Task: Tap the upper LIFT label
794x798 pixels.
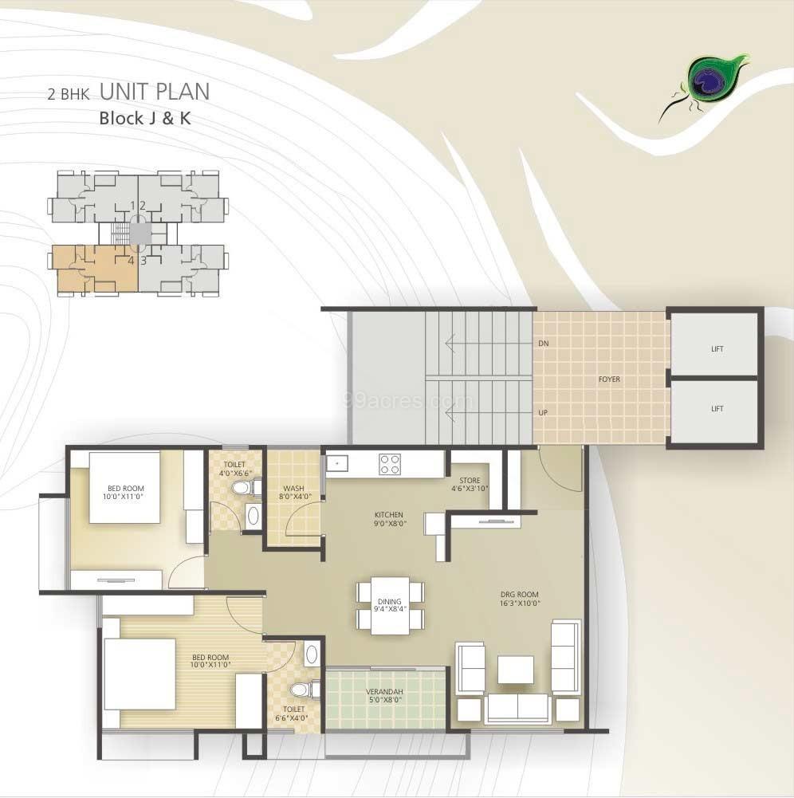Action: click(x=717, y=349)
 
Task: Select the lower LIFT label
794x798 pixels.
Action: click(x=717, y=409)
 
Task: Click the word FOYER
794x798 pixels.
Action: click(x=609, y=379)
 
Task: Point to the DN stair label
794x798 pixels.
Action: click(x=544, y=344)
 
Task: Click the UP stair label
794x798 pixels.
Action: click(x=543, y=413)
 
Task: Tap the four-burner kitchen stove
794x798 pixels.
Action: click(x=389, y=465)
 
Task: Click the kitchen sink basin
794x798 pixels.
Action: click(x=337, y=464)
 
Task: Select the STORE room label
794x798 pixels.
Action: click(x=470, y=481)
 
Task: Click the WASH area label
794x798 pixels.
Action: click(x=293, y=489)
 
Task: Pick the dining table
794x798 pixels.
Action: click(x=390, y=606)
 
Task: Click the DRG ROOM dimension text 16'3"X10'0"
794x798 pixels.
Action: click(x=519, y=603)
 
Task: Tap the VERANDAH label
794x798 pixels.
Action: click(x=385, y=692)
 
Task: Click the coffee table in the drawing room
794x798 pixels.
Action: click(x=516, y=670)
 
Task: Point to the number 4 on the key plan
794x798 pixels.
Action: click(x=132, y=261)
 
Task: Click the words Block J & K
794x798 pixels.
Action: click(x=145, y=118)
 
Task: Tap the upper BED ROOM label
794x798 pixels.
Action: click(x=126, y=489)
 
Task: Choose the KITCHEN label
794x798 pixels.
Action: click(x=389, y=515)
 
